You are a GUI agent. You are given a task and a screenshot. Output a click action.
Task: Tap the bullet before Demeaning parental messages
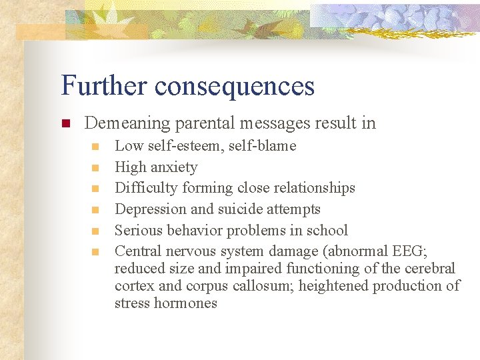tap(65, 124)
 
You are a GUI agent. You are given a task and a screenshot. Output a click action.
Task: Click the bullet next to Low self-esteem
tap(95, 147)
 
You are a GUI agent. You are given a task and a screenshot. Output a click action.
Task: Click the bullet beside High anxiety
tap(95, 168)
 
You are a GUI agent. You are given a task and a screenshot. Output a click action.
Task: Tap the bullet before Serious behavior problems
tap(95, 231)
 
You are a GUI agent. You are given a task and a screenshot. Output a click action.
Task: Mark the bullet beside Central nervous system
tap(95, 252)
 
